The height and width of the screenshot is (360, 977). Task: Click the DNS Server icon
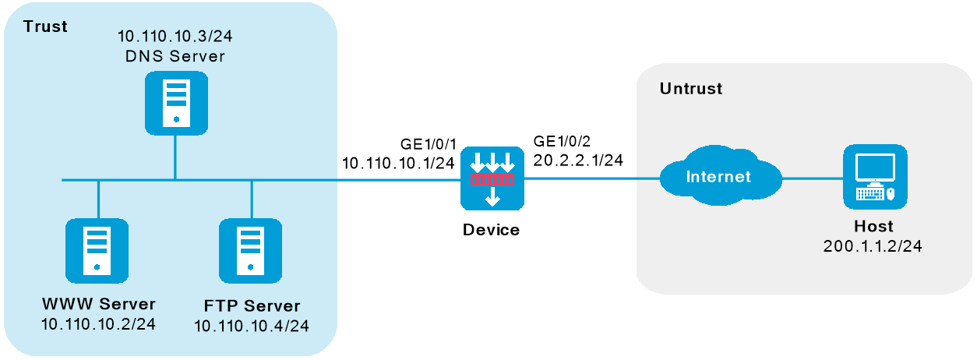[x=176, y=103]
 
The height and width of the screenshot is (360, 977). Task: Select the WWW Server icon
[x=97, y=250]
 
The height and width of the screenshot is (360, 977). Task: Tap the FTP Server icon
[x=250, y=250]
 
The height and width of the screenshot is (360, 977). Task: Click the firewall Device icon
[x=492, y=178]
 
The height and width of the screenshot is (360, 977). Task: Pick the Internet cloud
[x=721, y=175]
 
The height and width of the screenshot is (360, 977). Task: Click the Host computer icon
[x=876, y=177]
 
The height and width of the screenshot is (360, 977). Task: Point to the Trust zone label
[x=45, y=26]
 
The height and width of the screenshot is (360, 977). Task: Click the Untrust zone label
[x=691, y=89]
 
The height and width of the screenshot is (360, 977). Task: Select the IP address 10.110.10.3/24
[x=175, y=36]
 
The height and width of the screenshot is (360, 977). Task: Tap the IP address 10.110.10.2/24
[x=99, y=324]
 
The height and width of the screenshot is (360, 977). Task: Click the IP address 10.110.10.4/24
[x=252, y=326]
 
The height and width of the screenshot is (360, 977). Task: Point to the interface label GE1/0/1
[x=429, y=144]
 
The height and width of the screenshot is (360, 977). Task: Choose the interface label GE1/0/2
[x=562, y=141]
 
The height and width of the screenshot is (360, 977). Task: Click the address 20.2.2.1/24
[x=578, y=161]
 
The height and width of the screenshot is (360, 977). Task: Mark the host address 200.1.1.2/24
[x=873, y=246]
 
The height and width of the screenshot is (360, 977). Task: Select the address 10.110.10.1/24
[x=398, y=163]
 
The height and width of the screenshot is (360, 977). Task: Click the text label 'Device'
[x=491, y=230]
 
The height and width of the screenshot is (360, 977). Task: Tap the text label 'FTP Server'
[x=252, y=306]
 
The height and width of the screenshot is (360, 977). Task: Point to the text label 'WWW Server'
[x=99, y=304]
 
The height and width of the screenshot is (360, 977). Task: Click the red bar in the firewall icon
[x=492, y=180]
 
